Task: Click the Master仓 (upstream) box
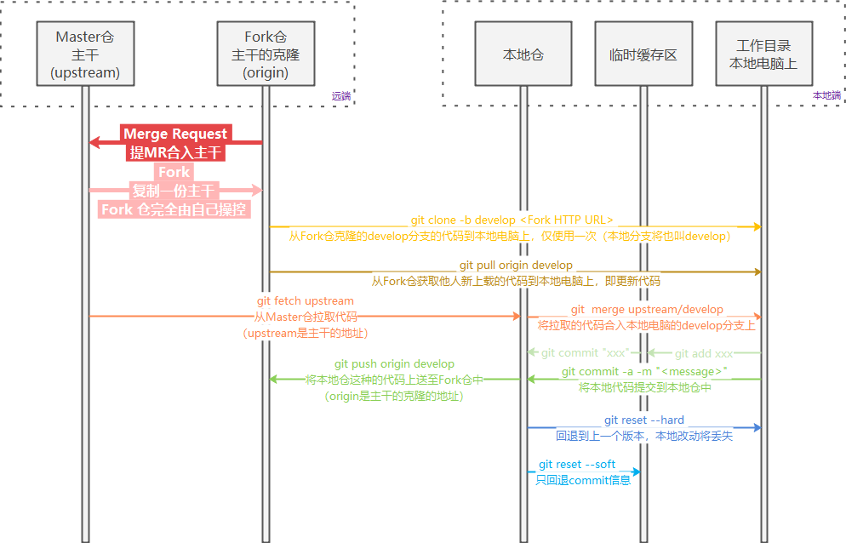(x=85, y=54)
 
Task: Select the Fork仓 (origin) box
(x=266, y=54)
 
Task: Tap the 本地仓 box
(x=523, y=54)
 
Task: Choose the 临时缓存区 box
(x=643, y=54)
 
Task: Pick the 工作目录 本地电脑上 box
(x=763, y=54)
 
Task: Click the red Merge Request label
(x=175, y=134)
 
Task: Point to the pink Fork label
(x=175, y=172)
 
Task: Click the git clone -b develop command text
(x=512, y=220)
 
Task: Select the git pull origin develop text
(x=516, y=266)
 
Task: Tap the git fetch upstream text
(x=305, y=301)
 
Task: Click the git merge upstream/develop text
(x=647, y=310)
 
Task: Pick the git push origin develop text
(x=394, y=364)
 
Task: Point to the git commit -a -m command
(x=644, y=372)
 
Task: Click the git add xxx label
(x=704, y=353)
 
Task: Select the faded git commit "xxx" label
(x=585, y=353)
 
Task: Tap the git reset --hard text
(x=643, y=420)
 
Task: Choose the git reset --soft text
(x=577, y=465)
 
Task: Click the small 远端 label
(x=340, y=96)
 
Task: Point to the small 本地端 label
(x=826, y=95)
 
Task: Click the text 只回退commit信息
(x=583, y=481)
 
